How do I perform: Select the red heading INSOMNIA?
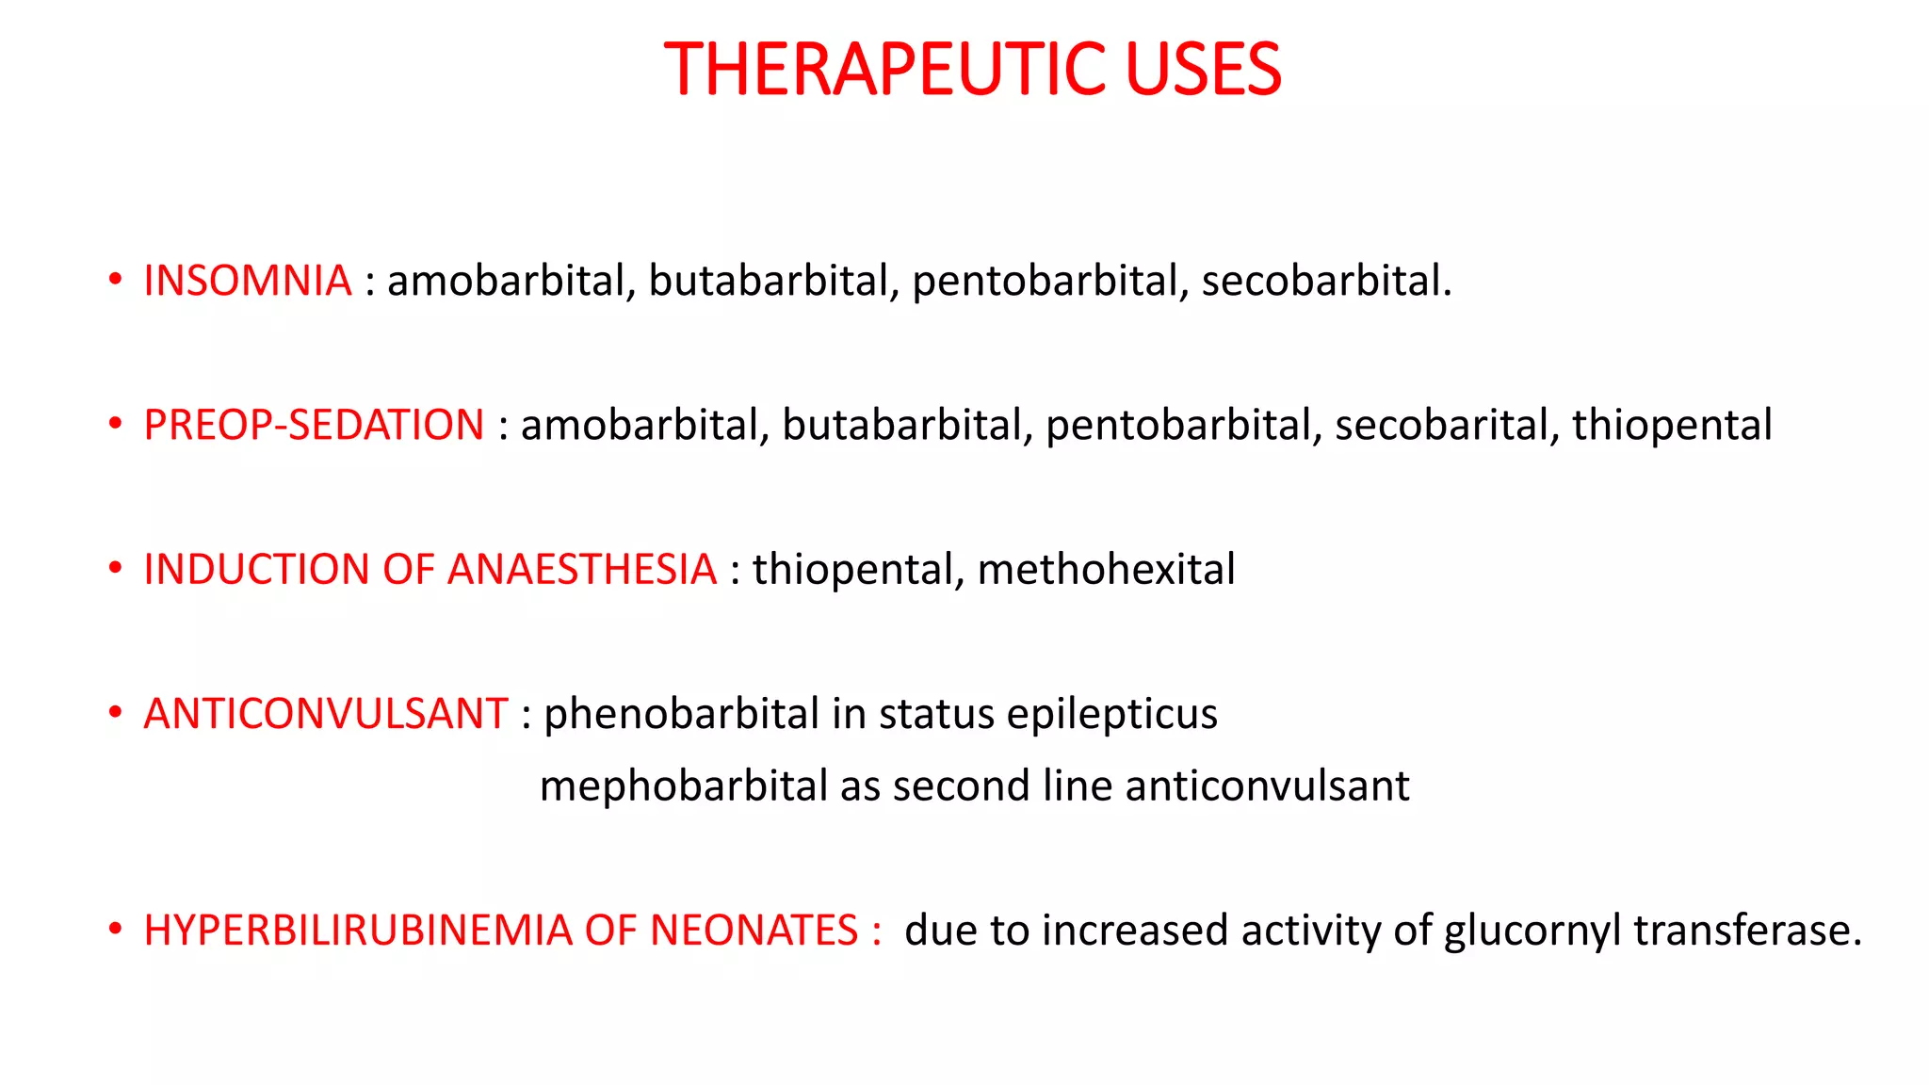pyautogui.click(x=247, y=281)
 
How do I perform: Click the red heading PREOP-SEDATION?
pyautogui.click(x=314, y=425)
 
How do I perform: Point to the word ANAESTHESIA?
pyautogui.click(x=582, y=569)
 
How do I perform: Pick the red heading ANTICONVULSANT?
pyautogui.click(x=326, y=714)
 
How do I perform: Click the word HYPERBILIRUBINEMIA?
pyautogui.click(x=357, y=931)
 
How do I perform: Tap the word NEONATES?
pyautogui.click(x=754, y=931)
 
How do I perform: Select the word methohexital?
pyautogui.click(x=1106, y=569)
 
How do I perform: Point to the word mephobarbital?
pyautogui.click(x=683, y=785)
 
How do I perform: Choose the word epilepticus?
pyautogui.click(x=1111, y=714)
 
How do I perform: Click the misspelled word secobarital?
pyautogui.click(x=1441, y=425)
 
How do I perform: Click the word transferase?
pyautogui.click(x=1747, y=931)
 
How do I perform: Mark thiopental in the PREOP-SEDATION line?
pyautogui.click(x=1672, y=425)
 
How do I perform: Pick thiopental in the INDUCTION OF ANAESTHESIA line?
pyautogui.click(x=858, y=569)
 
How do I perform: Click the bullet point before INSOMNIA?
pyautogui.click(x=115, y=280)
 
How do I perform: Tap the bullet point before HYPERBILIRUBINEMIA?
pyautogui.click(x=115, y=930)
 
